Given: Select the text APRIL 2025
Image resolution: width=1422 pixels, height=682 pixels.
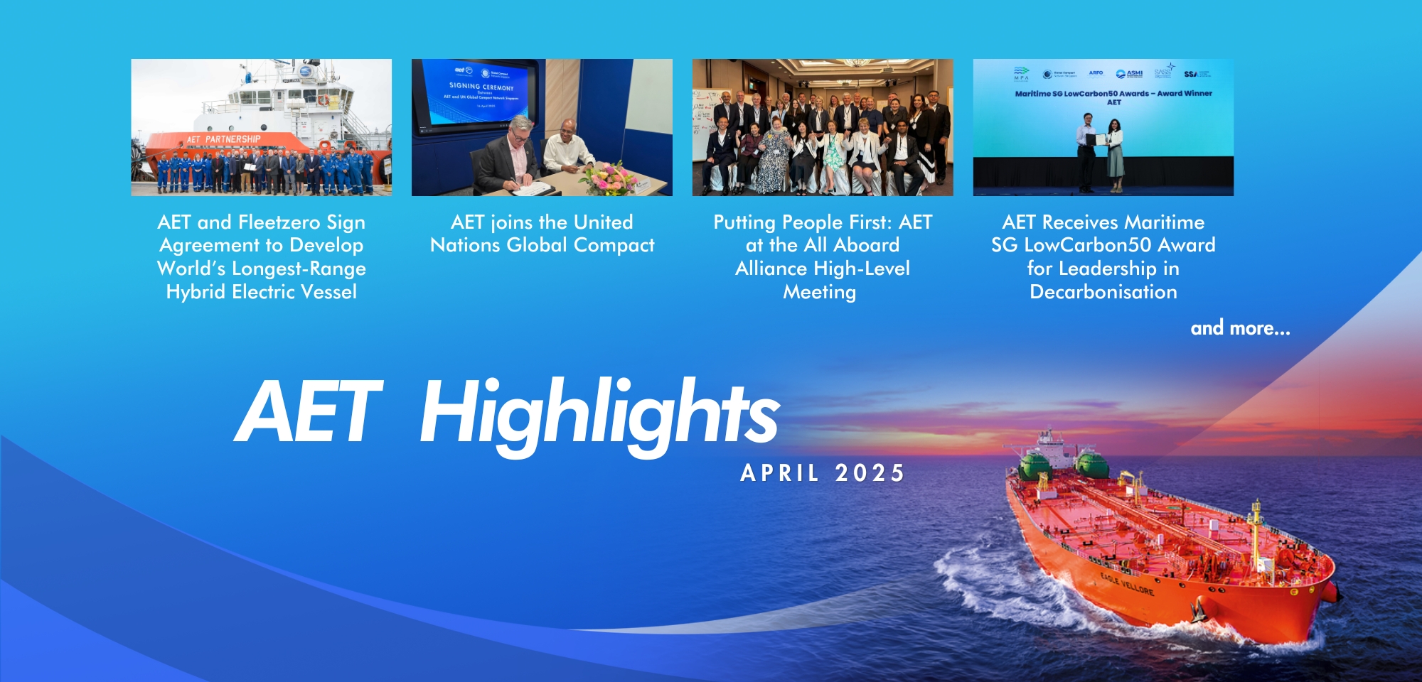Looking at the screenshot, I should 823,473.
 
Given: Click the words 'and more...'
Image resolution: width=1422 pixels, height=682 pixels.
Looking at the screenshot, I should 1240,328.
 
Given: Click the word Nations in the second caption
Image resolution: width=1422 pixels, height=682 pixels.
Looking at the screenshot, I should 465,245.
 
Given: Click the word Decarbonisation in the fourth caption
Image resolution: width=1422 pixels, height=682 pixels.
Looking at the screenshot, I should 1103,292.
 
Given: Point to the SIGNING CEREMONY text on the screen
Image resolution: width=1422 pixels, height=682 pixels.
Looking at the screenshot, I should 481,87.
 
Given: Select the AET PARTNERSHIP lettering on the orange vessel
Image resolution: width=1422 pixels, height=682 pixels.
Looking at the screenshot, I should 223,139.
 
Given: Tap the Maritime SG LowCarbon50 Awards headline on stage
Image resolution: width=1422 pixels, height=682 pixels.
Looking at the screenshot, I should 1113,93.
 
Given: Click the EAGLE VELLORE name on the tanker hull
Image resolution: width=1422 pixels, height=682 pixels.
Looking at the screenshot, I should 1127,583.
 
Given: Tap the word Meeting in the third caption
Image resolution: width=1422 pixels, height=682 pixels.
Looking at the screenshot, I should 819,292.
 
